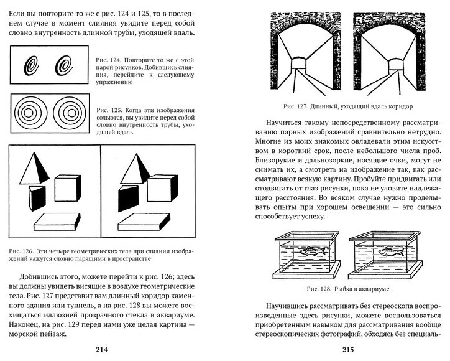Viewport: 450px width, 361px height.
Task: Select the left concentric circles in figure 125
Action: coord(31,113)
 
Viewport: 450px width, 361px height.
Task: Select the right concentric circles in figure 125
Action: coord(68,113)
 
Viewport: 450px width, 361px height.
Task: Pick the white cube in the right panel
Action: coord(168,187)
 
